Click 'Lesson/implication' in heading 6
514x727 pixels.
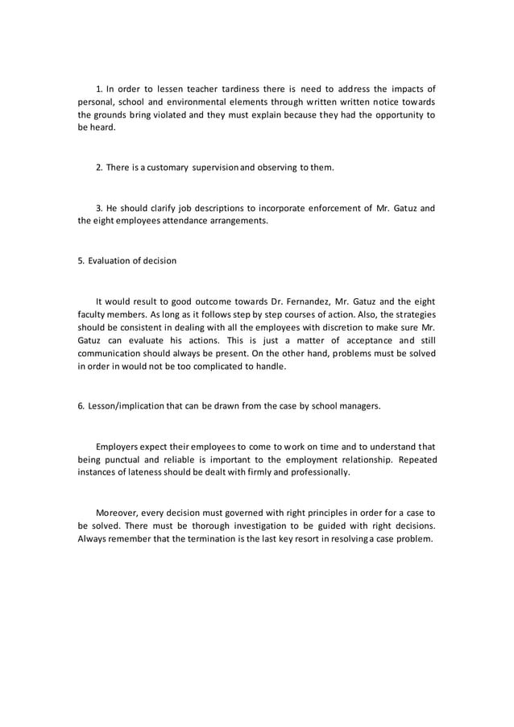pos(125,406)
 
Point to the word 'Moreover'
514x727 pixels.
pos(118,512)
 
